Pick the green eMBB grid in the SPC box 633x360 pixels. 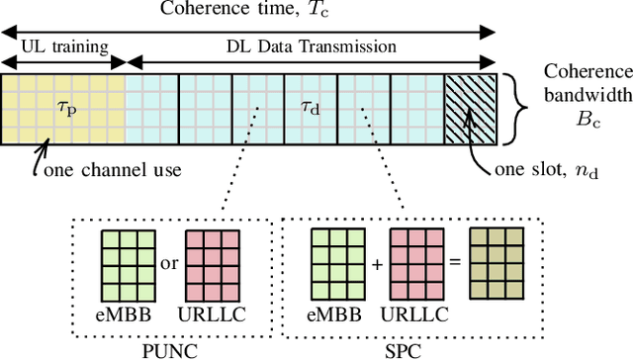coord(336,261)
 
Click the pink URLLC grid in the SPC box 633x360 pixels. coord(417,261)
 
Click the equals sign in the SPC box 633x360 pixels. coord(456,262)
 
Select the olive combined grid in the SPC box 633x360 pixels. coord(498,261)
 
